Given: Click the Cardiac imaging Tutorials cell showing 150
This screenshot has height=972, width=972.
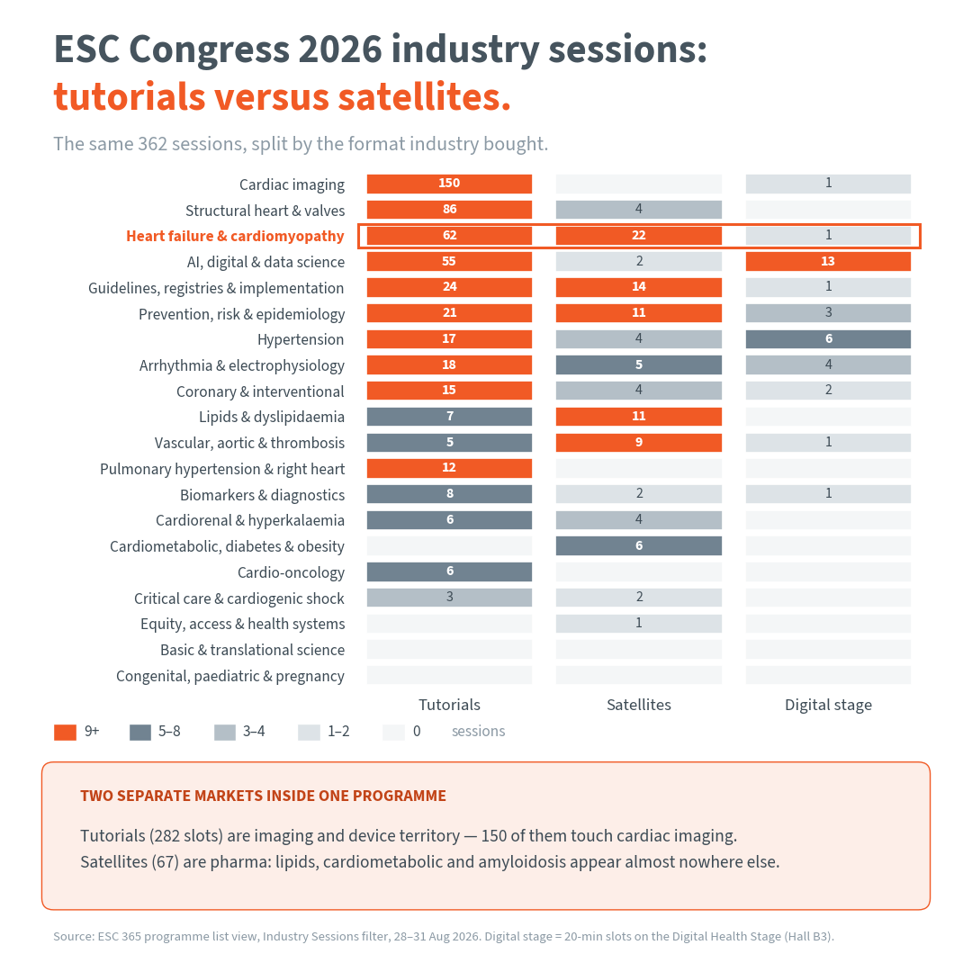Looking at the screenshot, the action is [x=449, y=184].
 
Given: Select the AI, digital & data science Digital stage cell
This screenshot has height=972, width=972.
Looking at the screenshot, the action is [x=828, y=262].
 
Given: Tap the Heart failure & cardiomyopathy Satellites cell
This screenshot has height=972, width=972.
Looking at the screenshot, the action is [x=638, y=236].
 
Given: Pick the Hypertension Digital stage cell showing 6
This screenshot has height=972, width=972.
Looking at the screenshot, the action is [x=828, y=339].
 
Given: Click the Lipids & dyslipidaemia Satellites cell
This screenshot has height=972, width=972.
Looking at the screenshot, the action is [x=638, y=417].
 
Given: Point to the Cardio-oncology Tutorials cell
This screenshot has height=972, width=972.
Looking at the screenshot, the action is [x=449, y=571].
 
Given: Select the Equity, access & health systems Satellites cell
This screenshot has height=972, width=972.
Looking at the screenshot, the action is [x=638, y=623].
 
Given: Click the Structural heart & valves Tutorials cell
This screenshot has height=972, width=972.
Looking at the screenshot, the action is [x=449, y=210].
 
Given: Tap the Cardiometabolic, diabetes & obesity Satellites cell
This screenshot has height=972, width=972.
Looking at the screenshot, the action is [x=638, y=545].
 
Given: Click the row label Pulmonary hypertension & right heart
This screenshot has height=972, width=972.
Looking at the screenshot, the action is [x=222, y=469].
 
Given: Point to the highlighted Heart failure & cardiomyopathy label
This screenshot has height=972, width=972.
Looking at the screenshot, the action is [x=235, y=236].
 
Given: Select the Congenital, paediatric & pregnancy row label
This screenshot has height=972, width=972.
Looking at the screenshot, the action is [x=230, y=676].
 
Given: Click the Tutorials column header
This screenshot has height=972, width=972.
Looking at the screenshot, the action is [x=449, y=705].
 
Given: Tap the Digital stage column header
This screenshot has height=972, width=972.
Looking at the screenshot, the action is [x=828, y=705].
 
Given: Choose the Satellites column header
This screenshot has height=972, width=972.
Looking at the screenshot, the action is [x=638, y=705].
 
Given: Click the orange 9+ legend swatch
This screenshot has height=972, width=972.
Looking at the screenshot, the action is [x=65, y=732].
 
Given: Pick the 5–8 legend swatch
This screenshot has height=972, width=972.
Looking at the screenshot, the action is [x=140, y=732].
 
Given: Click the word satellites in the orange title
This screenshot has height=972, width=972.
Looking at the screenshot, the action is [x=418, y=97].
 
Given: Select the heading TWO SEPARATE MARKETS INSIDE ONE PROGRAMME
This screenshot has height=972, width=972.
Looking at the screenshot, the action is [x=263, y=796].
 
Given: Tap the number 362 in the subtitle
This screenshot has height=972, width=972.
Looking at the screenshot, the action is [x=152, y=144].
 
